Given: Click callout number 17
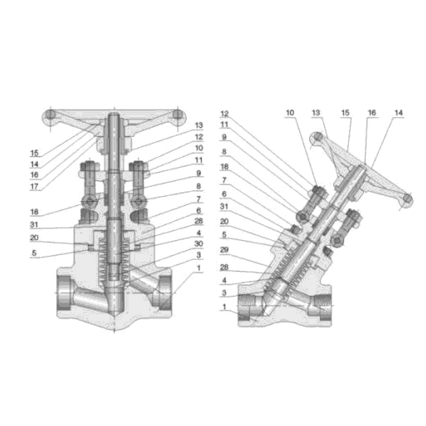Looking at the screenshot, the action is click(34, 187).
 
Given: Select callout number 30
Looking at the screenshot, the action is click(198, 244).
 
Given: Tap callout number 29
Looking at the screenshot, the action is click(224, 250).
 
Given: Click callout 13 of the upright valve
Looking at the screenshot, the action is click(199, 125).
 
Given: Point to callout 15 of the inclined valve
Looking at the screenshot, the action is click(345, 113).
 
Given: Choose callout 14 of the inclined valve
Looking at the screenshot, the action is click(399, 113).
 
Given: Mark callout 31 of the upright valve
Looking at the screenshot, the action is click(34, 225).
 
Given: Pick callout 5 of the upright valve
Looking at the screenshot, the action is click(34, 253).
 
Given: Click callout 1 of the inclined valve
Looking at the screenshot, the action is click(224, 307).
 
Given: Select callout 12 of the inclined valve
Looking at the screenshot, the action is click(224, 114).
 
